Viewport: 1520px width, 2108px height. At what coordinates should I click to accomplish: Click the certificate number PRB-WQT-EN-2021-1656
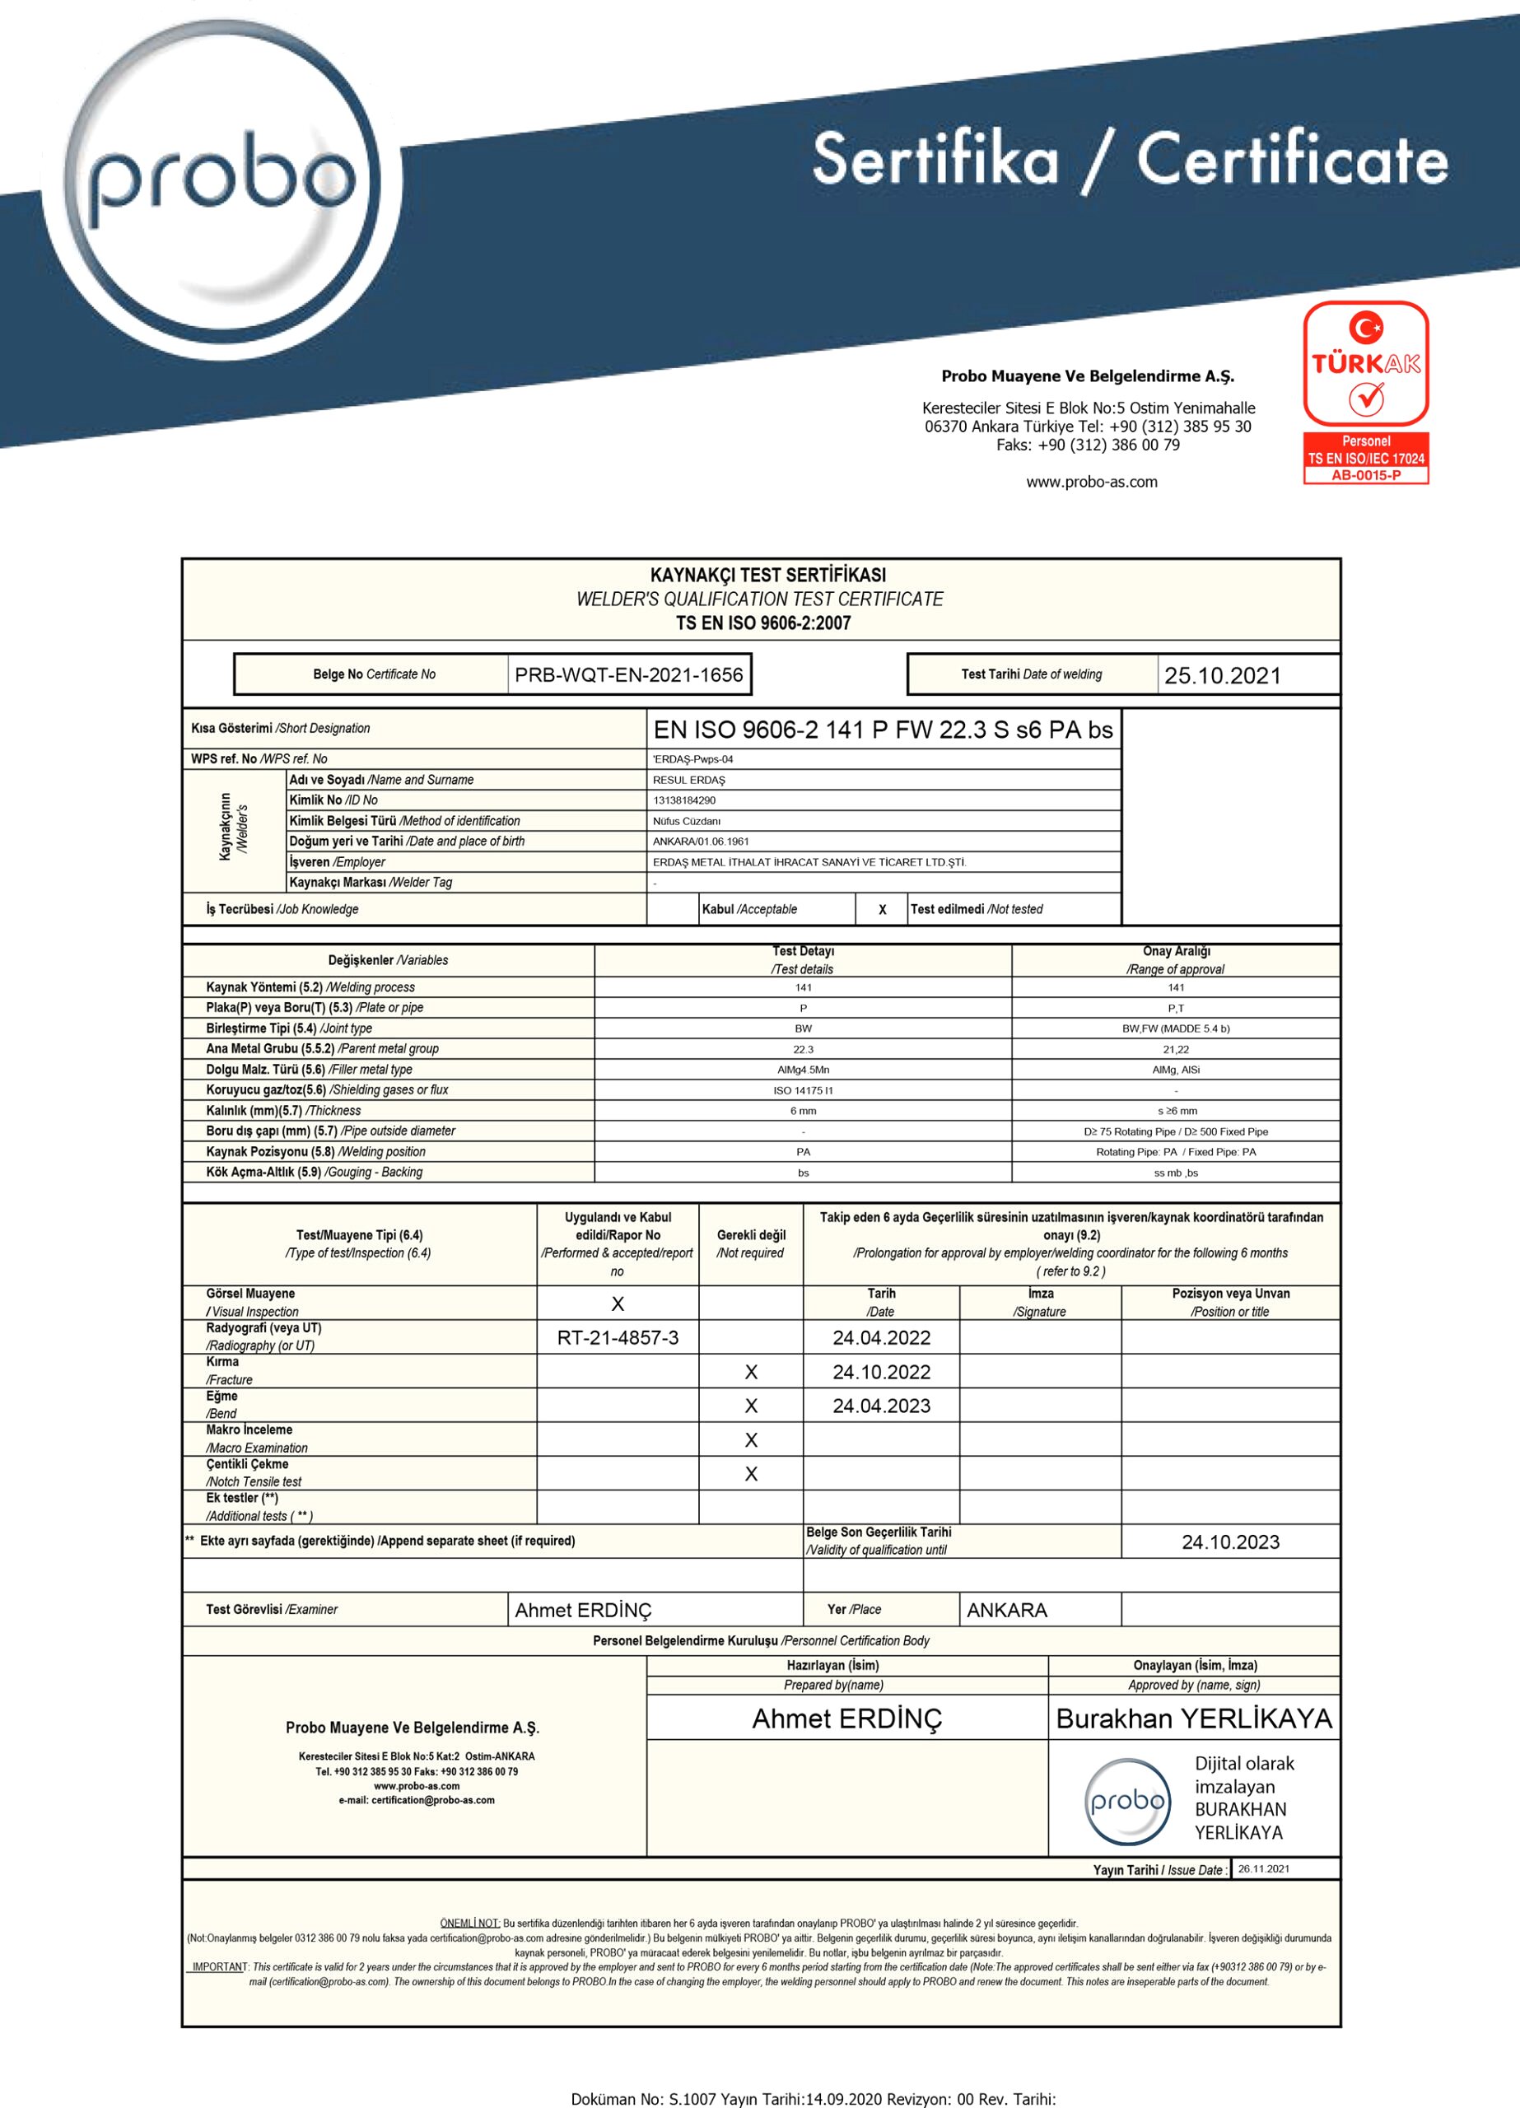[628, 674]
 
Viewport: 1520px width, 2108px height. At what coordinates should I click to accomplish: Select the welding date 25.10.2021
[1222, 676]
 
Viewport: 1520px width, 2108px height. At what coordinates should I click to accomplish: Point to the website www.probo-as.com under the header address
[1092, 482]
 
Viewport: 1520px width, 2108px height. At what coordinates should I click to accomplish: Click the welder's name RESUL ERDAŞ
[689, 780]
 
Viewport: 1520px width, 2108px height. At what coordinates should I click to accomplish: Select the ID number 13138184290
[684, 800]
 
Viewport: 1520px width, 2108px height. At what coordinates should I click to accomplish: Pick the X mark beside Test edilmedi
[882, 910]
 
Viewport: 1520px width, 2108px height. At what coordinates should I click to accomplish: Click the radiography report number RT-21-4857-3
[618, 1337]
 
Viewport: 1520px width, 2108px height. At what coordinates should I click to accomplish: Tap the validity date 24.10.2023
[1230, 1542]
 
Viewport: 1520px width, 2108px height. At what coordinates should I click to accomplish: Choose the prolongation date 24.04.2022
[881, 1337]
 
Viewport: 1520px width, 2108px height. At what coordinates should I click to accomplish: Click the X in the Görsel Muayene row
[618, 1304]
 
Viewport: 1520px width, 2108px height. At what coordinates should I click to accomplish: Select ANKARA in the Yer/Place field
[1007, 1610]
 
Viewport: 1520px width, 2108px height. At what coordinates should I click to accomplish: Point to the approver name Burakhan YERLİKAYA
[1194, 1719]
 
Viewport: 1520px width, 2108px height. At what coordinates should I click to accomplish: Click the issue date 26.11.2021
[1263, 1869]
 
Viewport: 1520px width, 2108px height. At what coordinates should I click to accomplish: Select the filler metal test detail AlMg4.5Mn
[804, 1070]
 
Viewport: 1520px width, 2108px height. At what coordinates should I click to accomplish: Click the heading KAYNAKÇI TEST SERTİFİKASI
[768, 576]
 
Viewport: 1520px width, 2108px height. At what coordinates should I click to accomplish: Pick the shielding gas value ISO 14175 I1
[804, 1090]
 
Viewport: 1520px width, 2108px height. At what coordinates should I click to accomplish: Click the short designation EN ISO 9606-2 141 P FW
[884, 730]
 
